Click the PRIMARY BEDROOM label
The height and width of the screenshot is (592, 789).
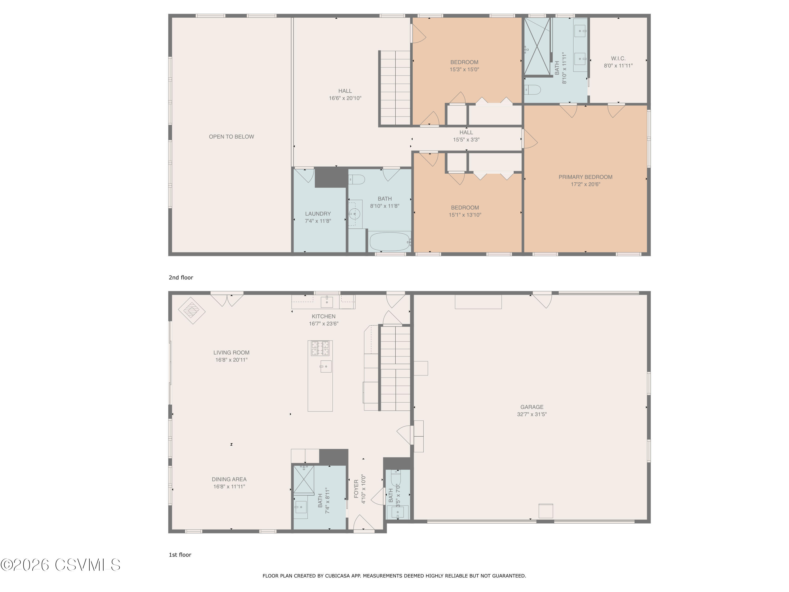pyautogui.click(x=585, y=177)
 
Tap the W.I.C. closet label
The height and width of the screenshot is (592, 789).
pyautogui.click(x=618, y=58)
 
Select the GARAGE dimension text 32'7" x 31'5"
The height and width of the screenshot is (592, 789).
pyautogui.click(x=532, y=414)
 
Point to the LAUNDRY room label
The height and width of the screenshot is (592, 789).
pyautogui.click(x=318, y=214)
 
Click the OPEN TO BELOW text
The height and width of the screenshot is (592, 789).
pyautogui.click(x=231, y=137)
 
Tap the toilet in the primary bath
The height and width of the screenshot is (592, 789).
pyautogui.click(x=533, y=89)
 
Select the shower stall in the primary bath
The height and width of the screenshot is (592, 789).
pyautogui.click(x=537, y=47)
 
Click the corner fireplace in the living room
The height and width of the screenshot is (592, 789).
pyautogui.click(x=192, y=310)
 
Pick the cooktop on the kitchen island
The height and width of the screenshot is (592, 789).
pyautogui.click(x=320, y=348)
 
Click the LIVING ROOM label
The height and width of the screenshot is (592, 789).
pyautogui.click(x=231, y=353)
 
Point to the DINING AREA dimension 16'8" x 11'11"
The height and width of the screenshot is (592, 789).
pyautogui.click(x=229, y=487)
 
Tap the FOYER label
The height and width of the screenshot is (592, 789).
pyautogui.click(x=356, y=489)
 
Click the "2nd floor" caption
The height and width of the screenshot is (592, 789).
pyautogui.click(x=181, y=278)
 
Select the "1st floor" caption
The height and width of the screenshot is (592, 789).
pyautogui.click(x=180, y=555)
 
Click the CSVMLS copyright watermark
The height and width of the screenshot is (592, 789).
pyautogui.click(x=61, y=565)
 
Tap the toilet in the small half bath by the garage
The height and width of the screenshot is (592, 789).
pyautogui.click(x=396, y=477)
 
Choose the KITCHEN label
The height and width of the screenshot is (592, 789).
pyautogui.click(x=323, y=317)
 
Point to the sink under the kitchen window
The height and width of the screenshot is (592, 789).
pyautogui.click(x=327, y=302)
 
